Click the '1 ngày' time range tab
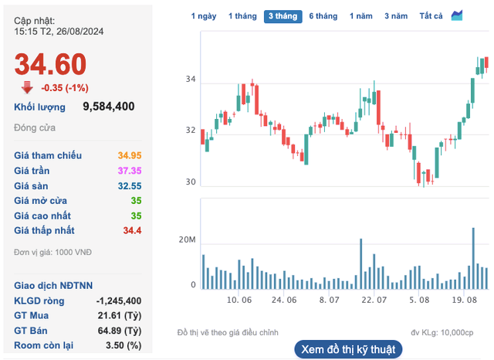204,15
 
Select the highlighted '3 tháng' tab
283,15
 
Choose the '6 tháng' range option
323,15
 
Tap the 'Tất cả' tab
431,15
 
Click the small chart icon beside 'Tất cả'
457,15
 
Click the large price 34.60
50,64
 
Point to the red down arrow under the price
26,87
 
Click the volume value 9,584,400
109,107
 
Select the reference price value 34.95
129,156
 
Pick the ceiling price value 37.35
129,171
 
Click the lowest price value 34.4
132,230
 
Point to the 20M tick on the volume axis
188,240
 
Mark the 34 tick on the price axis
191,80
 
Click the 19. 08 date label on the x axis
463,299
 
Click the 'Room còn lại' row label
45,345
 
